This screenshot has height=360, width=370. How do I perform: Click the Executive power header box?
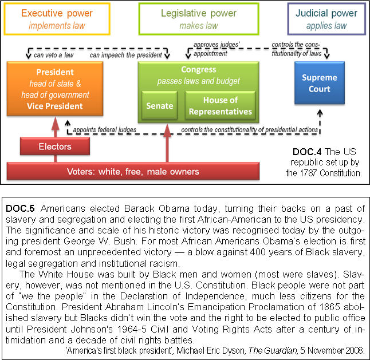click(x=57, y=19)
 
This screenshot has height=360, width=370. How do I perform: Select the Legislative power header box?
click(x=199, y=19)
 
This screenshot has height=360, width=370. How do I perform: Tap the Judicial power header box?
click(x=326, y=19)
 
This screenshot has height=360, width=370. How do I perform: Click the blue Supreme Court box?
click(x=320, y=83)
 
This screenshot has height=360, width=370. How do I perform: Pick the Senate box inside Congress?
click(x=160, y=106)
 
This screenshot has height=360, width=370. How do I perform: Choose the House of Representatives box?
click(x=221, y=106)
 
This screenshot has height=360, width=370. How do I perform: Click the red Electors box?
click(x=55, y=147)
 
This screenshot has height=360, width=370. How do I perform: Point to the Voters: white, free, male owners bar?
click(x=133, y=171)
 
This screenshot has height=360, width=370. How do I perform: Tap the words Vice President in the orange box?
click(x=55, y=106)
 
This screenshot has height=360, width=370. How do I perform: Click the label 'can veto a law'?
click(x=54, y=55)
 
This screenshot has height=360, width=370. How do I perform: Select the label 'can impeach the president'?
click(x=126, y=55)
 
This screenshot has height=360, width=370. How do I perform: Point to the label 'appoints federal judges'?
click(x=105, y=130)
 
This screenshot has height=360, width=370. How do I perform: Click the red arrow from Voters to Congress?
click(x=167, y=143)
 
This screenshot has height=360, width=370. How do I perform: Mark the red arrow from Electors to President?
click(x=55, y=127)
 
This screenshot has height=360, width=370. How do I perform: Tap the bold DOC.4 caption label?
click(x=307, y=152)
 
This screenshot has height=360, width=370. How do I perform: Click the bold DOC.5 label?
click(x=20, y=209)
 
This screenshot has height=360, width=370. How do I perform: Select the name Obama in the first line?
click(x=174, y=209)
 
